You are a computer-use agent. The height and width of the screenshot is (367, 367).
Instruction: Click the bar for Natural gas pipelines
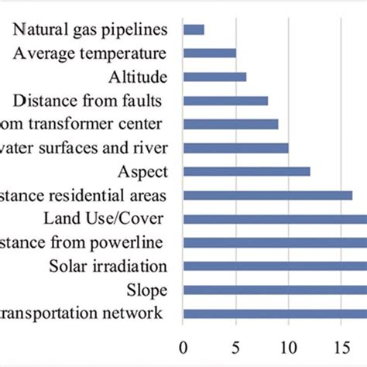tap(194, 29)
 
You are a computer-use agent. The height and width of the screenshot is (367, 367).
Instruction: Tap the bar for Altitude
tap(214, 77)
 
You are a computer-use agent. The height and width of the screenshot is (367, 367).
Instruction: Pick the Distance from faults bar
tap(225, 100)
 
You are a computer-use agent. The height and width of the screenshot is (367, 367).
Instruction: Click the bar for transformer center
tap(231, 124)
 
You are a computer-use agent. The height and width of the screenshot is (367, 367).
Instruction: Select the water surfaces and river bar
tap(235, 148)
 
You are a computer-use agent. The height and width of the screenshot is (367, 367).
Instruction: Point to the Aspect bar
tap(246, 171)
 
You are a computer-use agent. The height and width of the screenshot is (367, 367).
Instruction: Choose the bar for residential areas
tap(267, 195)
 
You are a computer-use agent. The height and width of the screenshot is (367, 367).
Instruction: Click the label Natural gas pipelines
tap(90, 29)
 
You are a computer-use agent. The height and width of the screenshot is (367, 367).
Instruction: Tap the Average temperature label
tap(90, 53)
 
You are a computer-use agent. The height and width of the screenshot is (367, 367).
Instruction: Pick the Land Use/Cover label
tap(108, 219)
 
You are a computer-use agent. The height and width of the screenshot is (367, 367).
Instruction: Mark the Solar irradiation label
tap(108, 266)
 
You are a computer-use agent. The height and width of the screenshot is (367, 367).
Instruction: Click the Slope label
tap(146, 290)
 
